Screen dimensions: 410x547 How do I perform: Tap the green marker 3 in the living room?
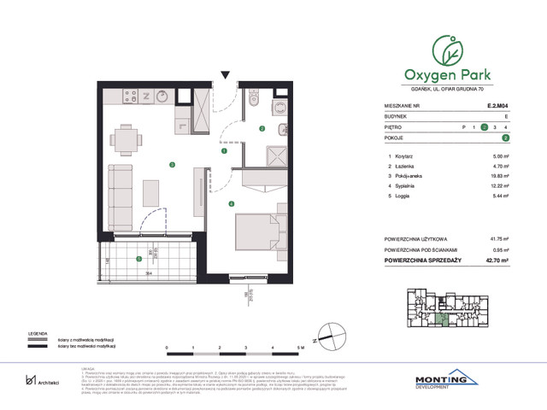[x=172, y=165]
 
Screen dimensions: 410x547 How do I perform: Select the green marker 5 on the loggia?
[x=139, y=259]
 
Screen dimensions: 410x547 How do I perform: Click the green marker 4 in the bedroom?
[x=231, y=203]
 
